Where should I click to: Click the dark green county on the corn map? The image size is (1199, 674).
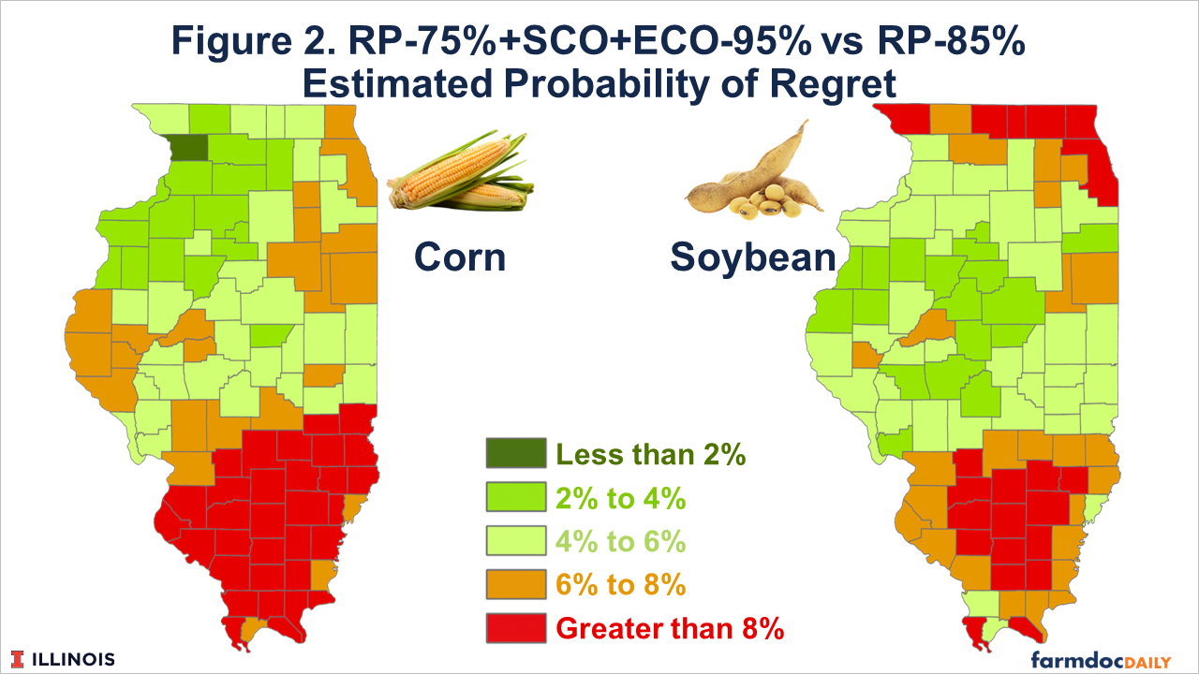point(189,147)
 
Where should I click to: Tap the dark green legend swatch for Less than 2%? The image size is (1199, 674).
point(516,454)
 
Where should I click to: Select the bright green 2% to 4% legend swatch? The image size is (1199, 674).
point(516,497)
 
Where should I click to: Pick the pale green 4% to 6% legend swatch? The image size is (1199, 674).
point(516,541)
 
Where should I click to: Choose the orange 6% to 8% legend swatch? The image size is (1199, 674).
point(516,584)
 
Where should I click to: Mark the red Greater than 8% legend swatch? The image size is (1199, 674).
point(516,628)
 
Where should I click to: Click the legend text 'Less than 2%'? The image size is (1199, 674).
point(651,455)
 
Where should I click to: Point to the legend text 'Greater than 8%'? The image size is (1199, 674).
point(670,628)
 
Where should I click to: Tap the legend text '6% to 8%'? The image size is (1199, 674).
point(621,585)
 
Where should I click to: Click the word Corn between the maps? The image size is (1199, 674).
point(460,257)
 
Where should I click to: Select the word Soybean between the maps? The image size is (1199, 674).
point(753,257)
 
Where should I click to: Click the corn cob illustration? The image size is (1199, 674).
point(460,170)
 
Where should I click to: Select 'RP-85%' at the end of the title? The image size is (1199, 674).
point(951,40)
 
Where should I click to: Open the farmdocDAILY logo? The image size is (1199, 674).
point(1101,660)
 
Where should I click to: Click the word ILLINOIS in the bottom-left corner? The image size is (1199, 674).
point(74,660)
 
